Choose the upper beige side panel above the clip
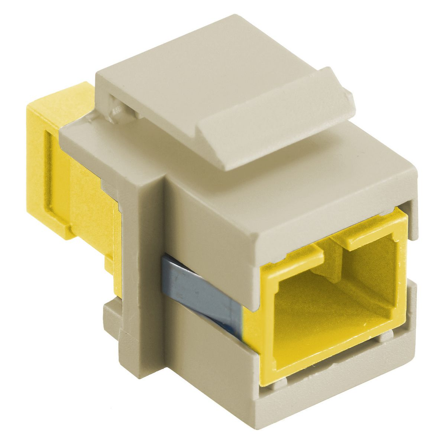coord(208,223)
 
